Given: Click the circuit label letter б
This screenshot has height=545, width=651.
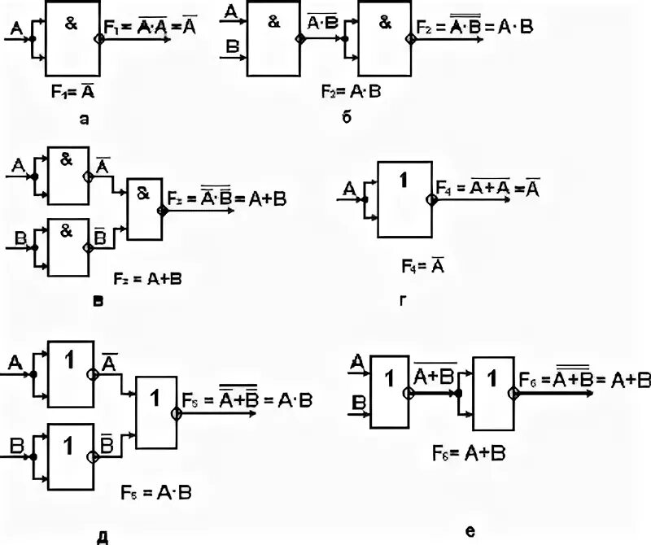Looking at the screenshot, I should coord(346,117).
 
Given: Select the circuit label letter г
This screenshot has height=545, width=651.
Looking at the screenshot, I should coord(403,299).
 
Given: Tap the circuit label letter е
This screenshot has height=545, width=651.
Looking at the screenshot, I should coord(470,530).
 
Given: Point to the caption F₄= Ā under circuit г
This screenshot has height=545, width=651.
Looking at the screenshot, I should coord(421,265).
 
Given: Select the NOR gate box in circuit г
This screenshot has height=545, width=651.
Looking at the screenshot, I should coord(404,198).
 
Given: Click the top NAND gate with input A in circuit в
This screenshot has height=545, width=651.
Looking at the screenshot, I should coord(68,175).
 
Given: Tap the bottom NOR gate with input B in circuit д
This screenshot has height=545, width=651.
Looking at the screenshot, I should coord(71,456).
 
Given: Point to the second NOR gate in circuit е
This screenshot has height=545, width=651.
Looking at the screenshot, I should coord(493,393).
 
